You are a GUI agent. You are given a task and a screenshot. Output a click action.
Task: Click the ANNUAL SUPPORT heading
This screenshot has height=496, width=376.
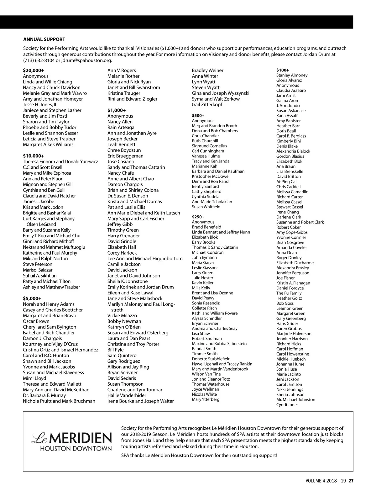point(44,39)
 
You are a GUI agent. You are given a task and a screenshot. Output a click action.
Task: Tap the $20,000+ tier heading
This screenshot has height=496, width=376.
point(34,71)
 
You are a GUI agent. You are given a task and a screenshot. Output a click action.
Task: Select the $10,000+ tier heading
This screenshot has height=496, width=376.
point(34,156)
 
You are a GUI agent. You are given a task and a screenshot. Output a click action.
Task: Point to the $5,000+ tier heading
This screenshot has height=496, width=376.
point(32,298)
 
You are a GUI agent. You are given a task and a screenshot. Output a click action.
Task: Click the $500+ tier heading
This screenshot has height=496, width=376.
point(198,116)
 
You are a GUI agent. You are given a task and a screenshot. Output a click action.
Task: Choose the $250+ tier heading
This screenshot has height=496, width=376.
point(198,217)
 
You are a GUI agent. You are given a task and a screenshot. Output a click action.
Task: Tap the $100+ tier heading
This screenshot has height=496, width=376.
point(283,70)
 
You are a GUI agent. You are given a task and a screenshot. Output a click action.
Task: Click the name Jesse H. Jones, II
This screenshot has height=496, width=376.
point(39,105)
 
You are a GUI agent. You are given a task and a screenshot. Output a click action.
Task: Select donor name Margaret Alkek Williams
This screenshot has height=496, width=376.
point(48,145)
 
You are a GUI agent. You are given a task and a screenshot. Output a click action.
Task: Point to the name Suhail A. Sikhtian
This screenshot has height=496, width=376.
point(40,276)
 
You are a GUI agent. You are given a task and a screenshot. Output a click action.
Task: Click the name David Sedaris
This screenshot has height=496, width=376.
point(122,378)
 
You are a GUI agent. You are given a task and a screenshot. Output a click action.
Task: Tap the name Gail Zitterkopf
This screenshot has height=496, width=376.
point(207,105)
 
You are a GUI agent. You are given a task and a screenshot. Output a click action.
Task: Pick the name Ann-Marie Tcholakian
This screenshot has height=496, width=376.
point(212,202)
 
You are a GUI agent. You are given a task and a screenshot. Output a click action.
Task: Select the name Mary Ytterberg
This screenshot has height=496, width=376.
point(206,399)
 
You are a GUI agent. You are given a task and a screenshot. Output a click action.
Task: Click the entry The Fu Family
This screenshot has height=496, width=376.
point(289,293)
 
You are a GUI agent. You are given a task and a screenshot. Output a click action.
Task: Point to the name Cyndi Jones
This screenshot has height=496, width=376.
point(287,404)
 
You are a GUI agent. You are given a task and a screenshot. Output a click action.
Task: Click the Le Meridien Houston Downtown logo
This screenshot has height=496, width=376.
point(72,441)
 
